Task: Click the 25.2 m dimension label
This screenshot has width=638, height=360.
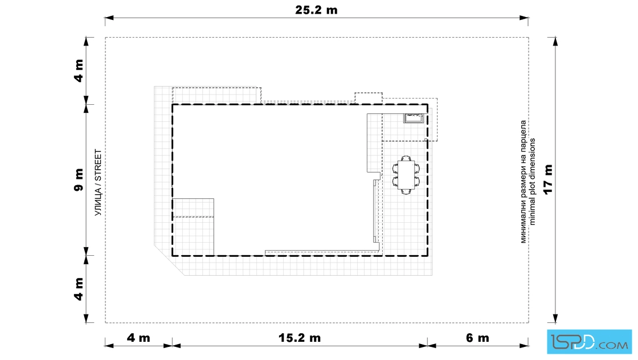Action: [316, 10]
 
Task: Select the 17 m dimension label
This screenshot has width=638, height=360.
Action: [548, 179]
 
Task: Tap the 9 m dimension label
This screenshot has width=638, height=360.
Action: [79, 179]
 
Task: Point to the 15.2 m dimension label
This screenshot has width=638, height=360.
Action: [300, 338]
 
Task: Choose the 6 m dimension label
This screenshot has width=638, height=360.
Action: [477, 338]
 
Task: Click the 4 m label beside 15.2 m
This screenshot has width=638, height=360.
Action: [138, 338]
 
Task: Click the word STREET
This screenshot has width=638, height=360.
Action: [98, 163]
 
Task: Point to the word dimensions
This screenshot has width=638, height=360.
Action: [532, 159]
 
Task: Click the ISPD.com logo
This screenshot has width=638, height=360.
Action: [589, 342]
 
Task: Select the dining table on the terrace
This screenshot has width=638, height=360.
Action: [406, 175]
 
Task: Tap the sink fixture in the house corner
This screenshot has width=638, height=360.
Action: [414, 118]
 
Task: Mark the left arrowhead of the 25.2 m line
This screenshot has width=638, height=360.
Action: [109, 18]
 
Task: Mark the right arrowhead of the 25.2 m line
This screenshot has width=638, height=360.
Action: [524, 18]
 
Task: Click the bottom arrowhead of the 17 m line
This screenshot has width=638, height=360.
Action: [555, 318]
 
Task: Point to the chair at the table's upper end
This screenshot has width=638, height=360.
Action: [406, 158]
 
